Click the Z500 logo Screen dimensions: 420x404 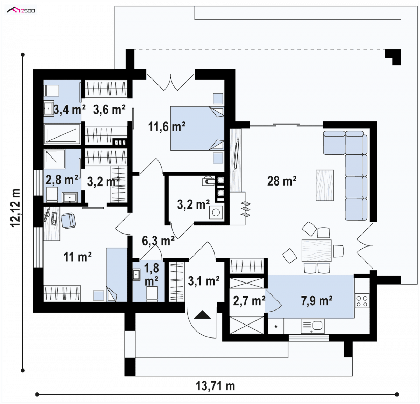[x=21, y=10]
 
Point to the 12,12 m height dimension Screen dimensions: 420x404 [x=15, y=208]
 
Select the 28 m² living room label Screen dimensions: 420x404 [x=282, y=181]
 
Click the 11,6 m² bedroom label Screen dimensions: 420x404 [x=167, y=126]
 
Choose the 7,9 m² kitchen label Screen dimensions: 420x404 [x=317, y=301]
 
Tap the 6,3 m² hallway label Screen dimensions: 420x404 [x=158, y=241]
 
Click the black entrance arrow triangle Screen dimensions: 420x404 [x=202, y=315]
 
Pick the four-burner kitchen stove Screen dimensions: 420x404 [x=362, y=301]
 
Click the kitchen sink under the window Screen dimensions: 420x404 [x=313, y=326]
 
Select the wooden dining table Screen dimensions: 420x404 [x=316, y=250]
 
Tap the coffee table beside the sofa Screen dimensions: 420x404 [x=324, y=185]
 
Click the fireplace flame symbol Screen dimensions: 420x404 [x=245, y=209]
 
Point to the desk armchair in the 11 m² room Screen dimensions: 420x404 [x=68, y=221]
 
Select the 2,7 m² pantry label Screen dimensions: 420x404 [x=249, y=301]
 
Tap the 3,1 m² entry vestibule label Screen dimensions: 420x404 [x=204, y=281]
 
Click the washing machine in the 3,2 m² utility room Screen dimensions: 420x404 [x=216, y=213]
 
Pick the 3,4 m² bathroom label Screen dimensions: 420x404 [x=69, y=110]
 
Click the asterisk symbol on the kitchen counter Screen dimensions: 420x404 [x=276, y=327]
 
